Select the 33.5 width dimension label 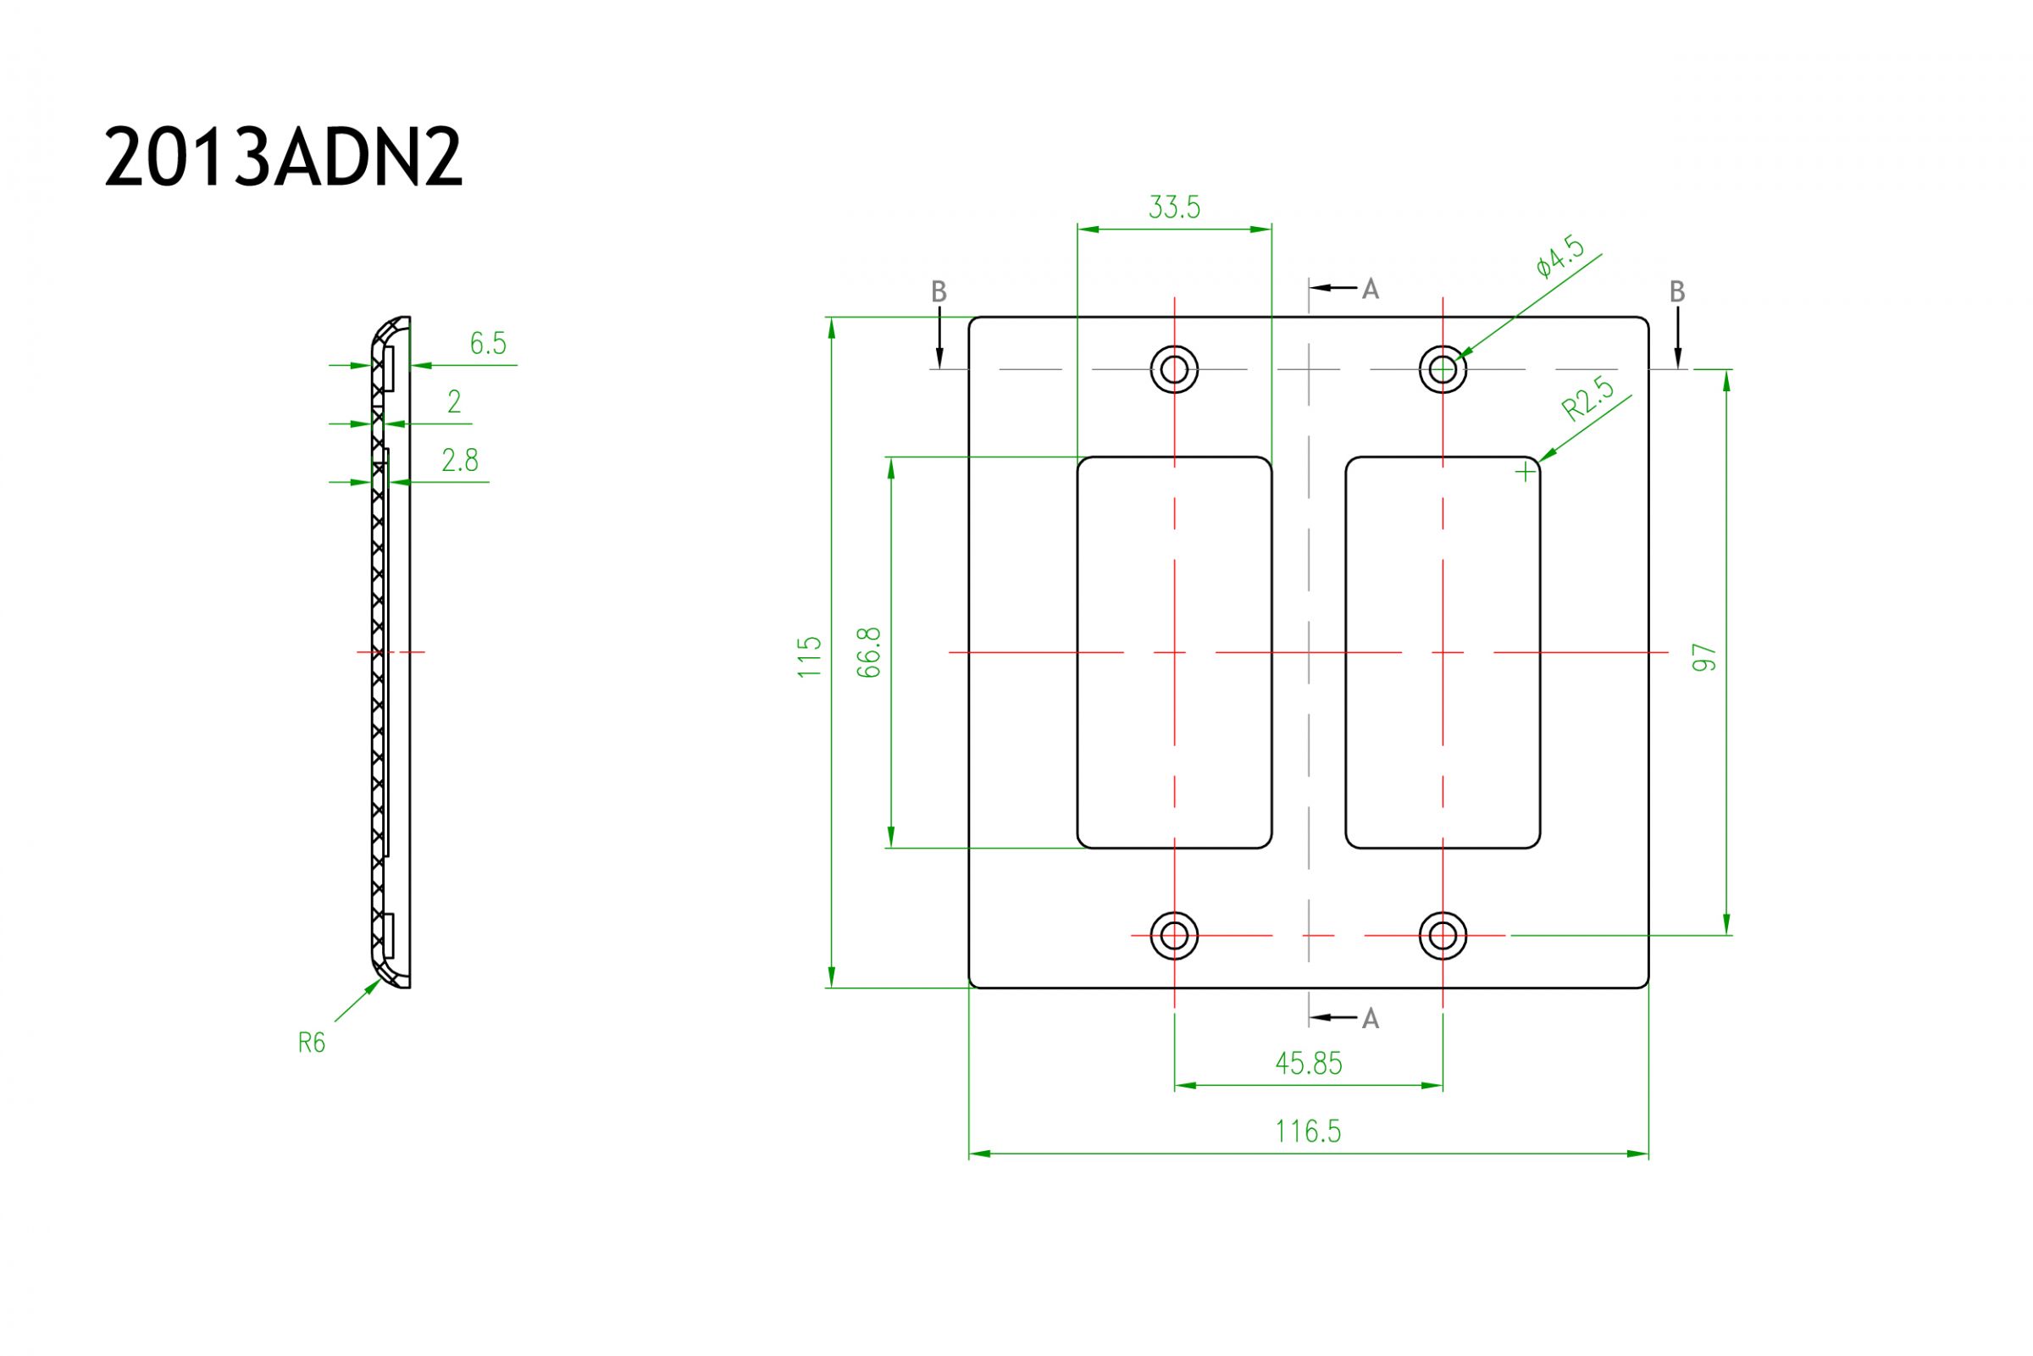click(x=1173, y=208)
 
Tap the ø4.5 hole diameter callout click(x=1562, y=257)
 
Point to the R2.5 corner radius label click(x=1587, y=401)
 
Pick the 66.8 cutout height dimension click(x=868, y=652)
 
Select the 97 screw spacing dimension click(x=1703, y=657)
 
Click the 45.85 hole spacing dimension click(x=1309, y=1064)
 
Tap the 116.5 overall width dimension click(x=1309, y=1132)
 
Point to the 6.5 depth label click(x=488, y=344)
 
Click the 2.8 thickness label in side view click(x=459, y=461)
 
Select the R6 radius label click(x=312, y=1043)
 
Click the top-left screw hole click(x=1173, y=370)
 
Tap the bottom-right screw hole click(x=1443, y=935)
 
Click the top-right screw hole click(x=1443, y=370)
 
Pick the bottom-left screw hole click(x=1173, y=935)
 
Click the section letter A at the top click(x=1370, y=290)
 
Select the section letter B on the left click(x=939, y=292)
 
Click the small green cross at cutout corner click(x=1526, y=472)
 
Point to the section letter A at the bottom click(x=1370, y=1020)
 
